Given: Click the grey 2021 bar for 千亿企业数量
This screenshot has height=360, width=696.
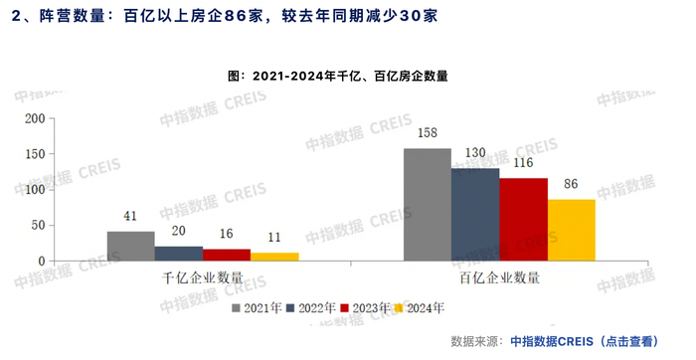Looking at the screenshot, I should (130, 246).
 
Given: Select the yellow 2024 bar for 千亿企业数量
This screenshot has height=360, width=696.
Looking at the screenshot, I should (274, 257).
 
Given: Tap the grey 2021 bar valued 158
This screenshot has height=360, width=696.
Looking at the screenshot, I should (427, 205).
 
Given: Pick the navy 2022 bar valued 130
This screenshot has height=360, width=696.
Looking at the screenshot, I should (474, 215).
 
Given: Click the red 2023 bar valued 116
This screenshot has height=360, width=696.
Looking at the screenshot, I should (523, 220).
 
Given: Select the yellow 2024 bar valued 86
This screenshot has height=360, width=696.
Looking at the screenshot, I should (571, 231).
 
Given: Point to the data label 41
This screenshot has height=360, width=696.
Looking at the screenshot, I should (130, 216).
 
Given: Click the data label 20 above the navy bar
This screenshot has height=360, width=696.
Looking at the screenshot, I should (179, 231).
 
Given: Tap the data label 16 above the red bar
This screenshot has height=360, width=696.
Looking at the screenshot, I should (227, 234).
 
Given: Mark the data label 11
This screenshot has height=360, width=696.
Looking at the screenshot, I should (274, 238).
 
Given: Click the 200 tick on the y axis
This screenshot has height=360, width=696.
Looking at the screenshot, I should (35, 118).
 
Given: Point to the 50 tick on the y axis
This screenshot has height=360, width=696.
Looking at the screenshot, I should (39, 226).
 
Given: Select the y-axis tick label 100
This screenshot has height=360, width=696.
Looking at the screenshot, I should (35, 190).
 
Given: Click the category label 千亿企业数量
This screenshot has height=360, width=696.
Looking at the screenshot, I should (203, 277).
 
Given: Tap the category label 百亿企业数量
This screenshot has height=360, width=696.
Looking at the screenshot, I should (499, 277).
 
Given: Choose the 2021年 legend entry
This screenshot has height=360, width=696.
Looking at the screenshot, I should (262, 308).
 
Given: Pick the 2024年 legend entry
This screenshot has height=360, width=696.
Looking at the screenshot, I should (424, 308).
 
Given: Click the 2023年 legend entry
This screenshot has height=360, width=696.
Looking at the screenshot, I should (370, 308).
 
